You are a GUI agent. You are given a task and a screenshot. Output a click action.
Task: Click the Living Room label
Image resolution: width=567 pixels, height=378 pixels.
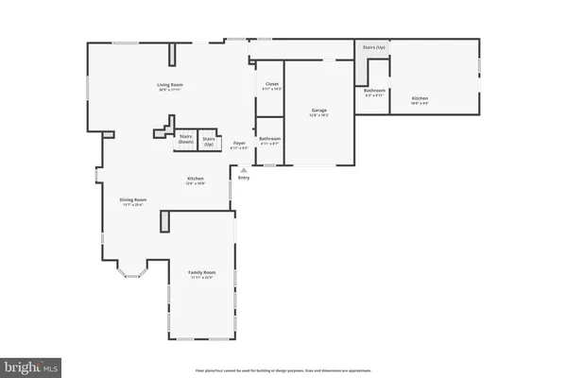pyautogui.click(x=170, y=85)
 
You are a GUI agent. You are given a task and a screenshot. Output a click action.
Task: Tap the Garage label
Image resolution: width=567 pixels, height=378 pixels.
pyautogui.click(x=319, y=111)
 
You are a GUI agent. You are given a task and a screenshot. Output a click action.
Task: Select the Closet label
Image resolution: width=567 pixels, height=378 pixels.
pyautogui.click(x=271, y=84)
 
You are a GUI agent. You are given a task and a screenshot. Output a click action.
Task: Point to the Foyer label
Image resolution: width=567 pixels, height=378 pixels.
pyautogui.click(x=240, y=144)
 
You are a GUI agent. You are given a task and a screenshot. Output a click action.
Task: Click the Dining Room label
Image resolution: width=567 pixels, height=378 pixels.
pyautogui.click(x=132, y=199)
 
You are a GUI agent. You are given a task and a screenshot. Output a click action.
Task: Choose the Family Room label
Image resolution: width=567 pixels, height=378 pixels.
pyautogui.click(x=202, y=273)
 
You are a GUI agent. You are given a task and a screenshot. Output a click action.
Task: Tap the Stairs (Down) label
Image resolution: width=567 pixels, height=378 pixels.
pyautogui.click(x=186, y=139)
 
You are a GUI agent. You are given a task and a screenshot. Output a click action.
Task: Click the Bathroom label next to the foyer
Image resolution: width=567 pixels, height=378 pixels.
pyautogui.click(x=270, y=139)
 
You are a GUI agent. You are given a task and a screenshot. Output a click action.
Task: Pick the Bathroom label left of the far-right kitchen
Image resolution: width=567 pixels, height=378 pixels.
pyautogui.click(x=373, y=91)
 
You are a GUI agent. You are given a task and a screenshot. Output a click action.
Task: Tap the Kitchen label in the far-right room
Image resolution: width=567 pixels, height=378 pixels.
pyautogui.click(x=420, y=98)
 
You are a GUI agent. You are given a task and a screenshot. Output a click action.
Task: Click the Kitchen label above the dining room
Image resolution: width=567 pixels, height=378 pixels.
pyautogui.click(x=196, y=179)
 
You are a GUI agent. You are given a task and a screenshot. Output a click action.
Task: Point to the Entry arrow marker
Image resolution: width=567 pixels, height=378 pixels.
pyautogui.click(x=244, y=170)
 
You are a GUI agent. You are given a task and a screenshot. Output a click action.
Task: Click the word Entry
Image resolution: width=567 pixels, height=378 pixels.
pyautogui.click(x=244, y=178)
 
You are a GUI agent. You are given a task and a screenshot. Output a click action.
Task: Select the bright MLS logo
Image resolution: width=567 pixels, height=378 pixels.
pyautogui.click(x=31, y=364)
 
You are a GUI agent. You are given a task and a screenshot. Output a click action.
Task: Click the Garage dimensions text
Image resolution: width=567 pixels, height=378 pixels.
pyautogui.click(x=319, y=116)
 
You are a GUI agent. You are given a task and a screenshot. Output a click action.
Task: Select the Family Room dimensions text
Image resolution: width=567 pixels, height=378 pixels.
pyautogui.click(x=202, y=279)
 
